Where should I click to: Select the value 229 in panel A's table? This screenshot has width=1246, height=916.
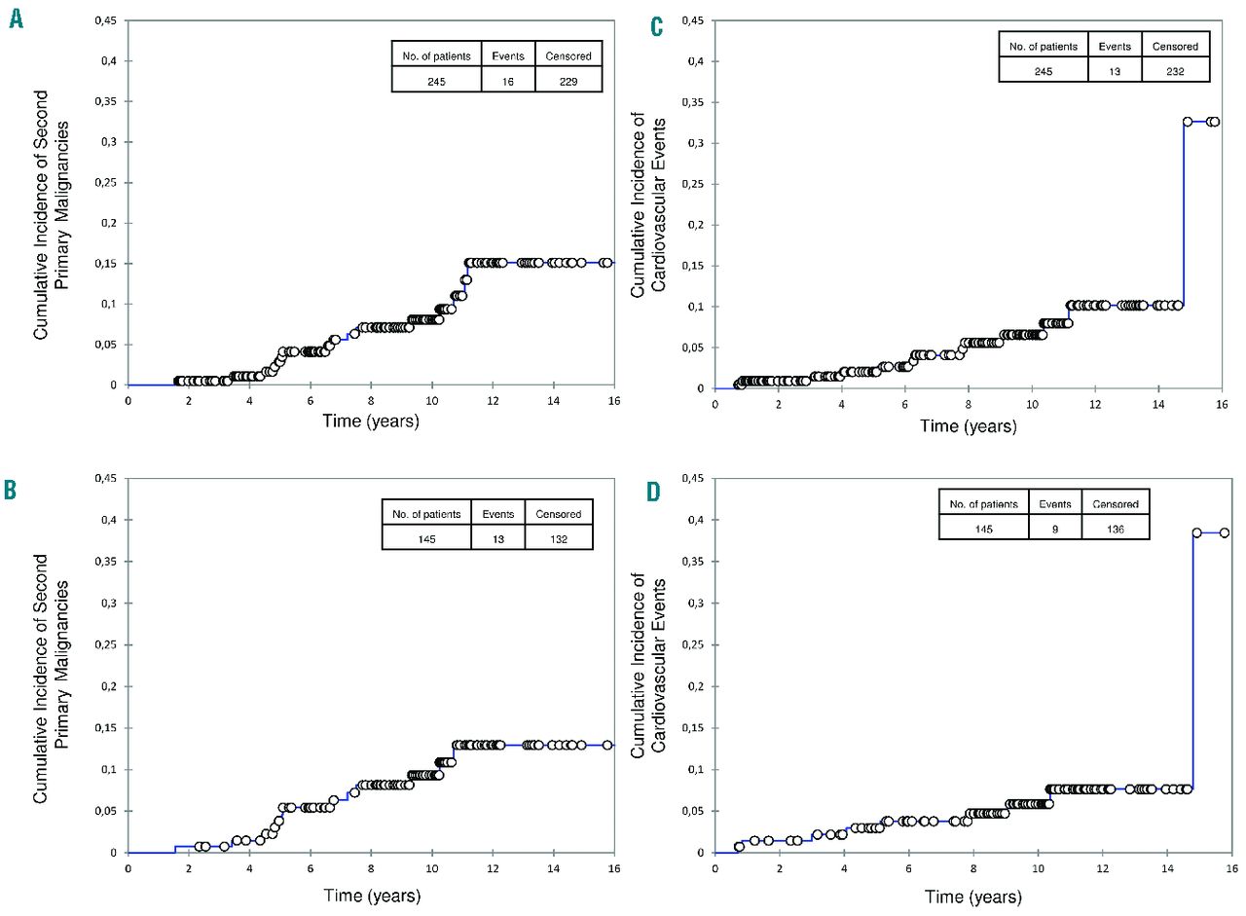(568, 82)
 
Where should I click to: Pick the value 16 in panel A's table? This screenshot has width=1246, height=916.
(507, 82)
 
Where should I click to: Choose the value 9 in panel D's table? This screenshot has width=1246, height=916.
(1054, 527)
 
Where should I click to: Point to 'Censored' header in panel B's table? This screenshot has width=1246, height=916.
(558, 514)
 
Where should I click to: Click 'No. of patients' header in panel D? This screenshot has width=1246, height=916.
(983, 503)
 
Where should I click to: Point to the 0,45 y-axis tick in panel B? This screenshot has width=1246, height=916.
(104, 478)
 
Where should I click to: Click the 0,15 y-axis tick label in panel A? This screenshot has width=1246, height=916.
(104, 263)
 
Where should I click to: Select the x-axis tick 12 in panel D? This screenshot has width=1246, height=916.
(1101, 868)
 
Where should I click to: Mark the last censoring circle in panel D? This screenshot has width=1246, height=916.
(1225, 532)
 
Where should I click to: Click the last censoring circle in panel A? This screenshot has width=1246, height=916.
(606, 263)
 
